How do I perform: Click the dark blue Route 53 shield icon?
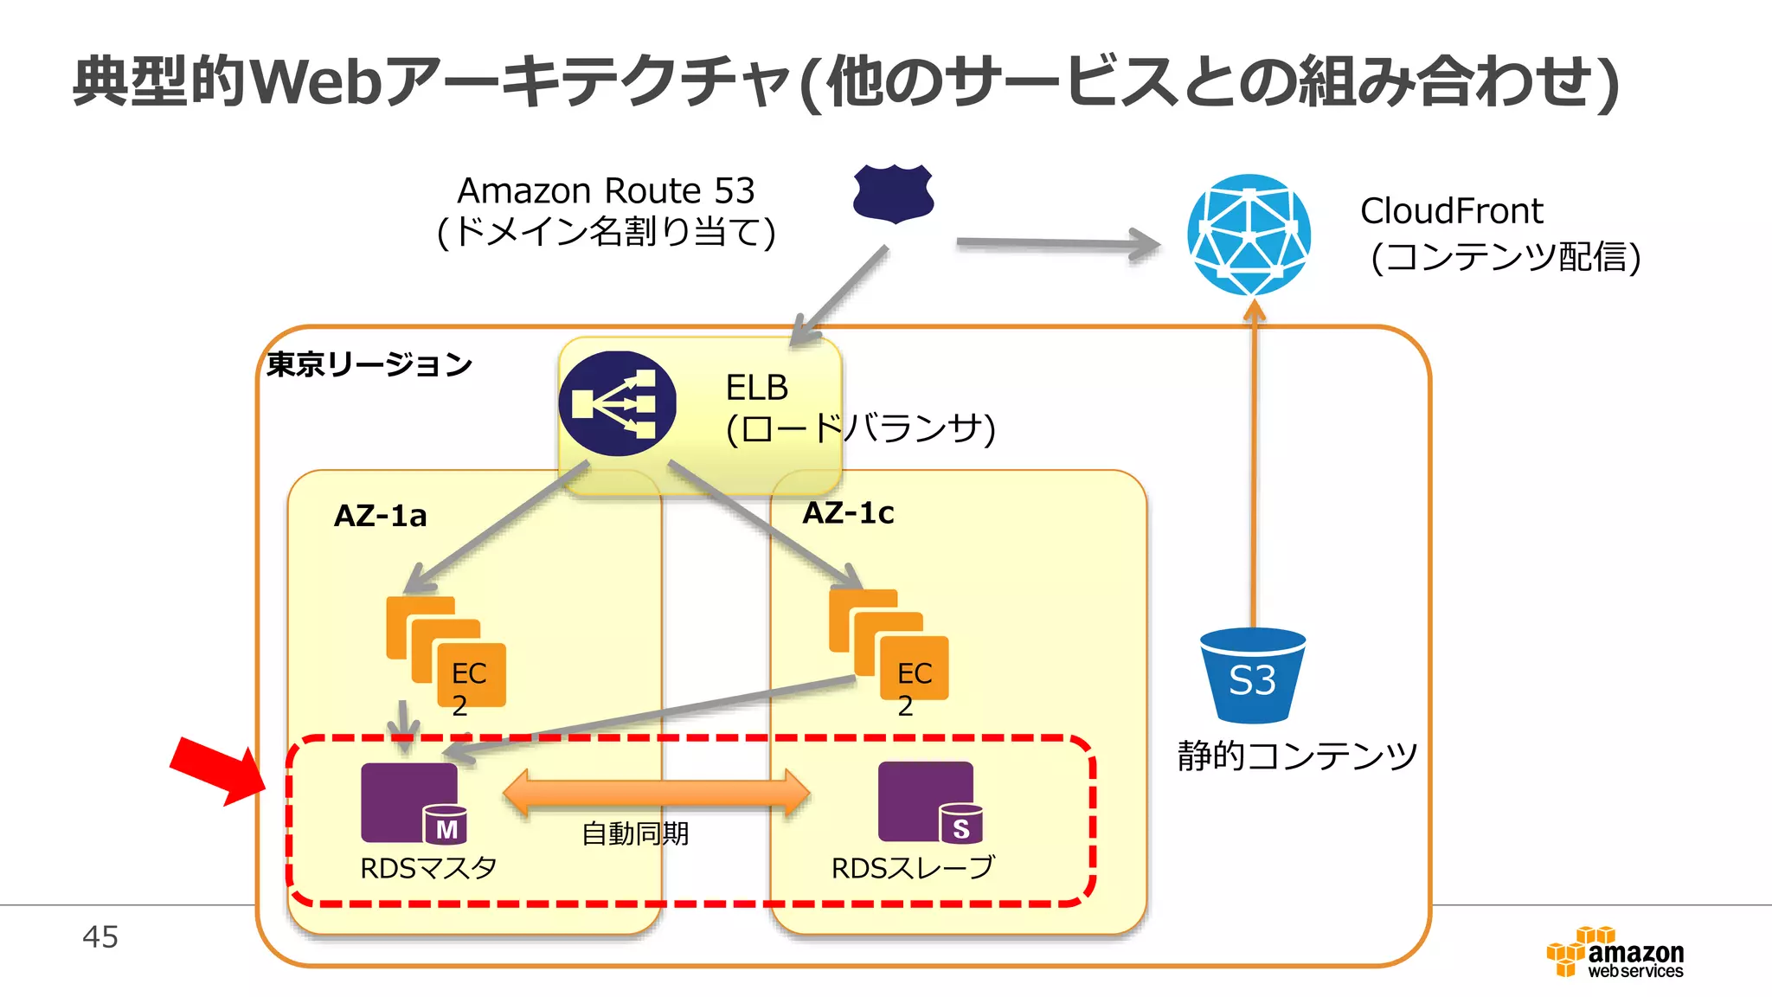click(x=893, y=193)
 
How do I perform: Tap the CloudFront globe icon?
click(x=1249, y=235)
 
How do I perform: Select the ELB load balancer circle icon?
click(x=617, y=403)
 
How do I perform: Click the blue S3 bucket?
click(x=1253, y=676)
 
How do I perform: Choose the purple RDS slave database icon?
click(x=928, y=801)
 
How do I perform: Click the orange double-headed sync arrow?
click(x=656, y=793)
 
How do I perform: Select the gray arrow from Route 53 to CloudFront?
click(x=1057, y=245)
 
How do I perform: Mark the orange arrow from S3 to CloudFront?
click(x=1254, y=467)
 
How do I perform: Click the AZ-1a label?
click(x=381, y=516)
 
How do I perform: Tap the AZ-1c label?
click(x=848, y=513)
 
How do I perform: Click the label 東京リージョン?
click(x=369, y=364)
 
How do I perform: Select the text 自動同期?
click(x=635, y=833)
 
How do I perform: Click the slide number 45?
click(x=100, y=936)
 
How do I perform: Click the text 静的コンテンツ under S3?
click(x=1297, y=756)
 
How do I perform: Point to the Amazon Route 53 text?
click(x=606, y=190)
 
